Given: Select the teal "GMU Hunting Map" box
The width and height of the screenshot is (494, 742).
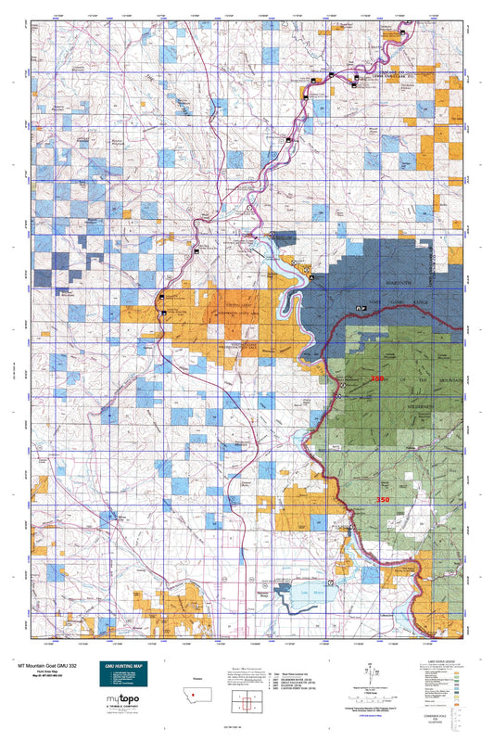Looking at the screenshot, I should pyautogui.click(x=123, y=675).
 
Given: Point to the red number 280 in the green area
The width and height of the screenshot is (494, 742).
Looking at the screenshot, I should pyautogui.click(x=376, y=380).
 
